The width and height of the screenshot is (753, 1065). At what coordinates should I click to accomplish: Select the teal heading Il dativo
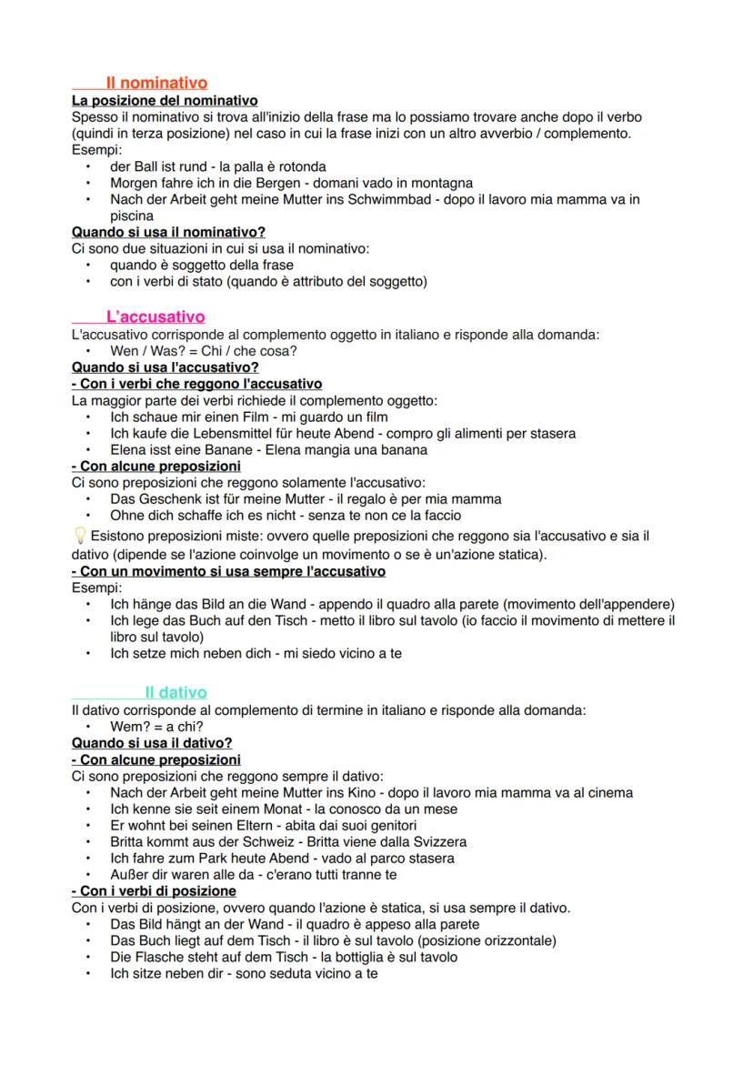click(176, 692)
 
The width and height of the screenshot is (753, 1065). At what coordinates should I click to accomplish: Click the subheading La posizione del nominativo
click(164, 101)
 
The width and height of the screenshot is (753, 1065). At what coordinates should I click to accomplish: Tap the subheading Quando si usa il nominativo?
click(168, 233)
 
